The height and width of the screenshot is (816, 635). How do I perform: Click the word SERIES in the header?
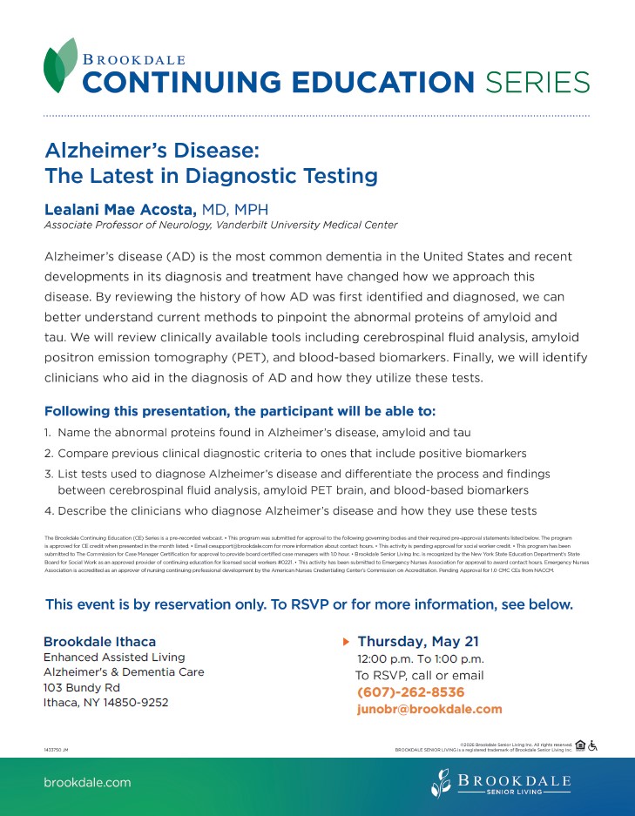537,83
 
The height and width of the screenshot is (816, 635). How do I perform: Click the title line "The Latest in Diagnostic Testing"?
211,176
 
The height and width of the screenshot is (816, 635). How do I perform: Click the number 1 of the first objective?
48,432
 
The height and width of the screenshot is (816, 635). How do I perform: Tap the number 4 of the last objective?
49,510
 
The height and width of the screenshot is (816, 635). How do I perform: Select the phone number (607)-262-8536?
410,692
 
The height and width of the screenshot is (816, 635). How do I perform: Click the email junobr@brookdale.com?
429,709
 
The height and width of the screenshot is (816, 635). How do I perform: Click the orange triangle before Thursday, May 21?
347,642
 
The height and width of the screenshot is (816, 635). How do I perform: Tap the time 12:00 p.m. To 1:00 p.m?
420,658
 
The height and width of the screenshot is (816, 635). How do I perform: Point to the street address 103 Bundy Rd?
82,687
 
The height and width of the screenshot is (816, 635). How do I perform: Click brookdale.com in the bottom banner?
87,782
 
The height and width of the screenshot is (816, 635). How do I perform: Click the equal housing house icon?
580,745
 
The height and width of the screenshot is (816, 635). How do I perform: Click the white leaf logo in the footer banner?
441,782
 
